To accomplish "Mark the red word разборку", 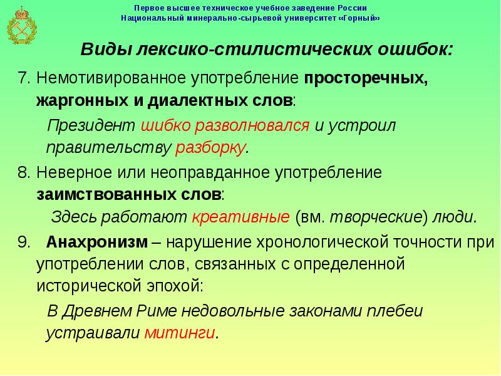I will pos(211,148).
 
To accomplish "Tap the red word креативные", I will pos(240,217).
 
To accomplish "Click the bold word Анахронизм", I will pos(97,241).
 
